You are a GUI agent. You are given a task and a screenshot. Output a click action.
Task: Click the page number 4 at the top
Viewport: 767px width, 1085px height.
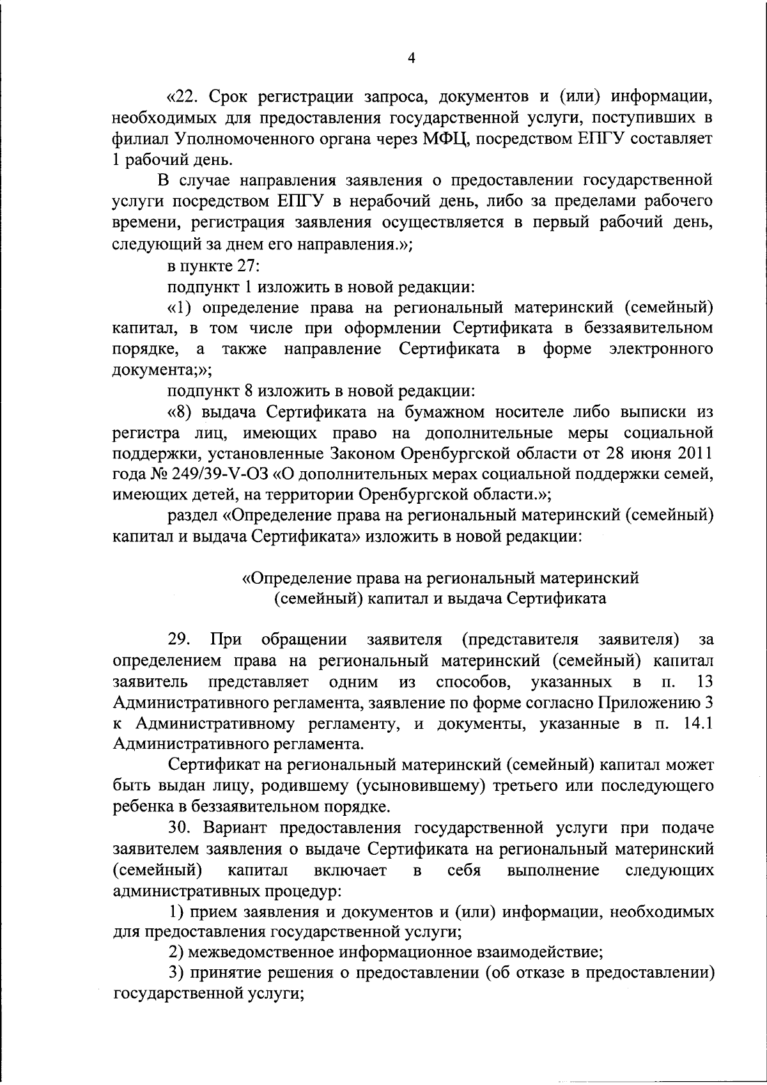tap(412, 58)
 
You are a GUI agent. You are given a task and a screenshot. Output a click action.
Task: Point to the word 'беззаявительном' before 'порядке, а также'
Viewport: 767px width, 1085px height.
tap(648, 328)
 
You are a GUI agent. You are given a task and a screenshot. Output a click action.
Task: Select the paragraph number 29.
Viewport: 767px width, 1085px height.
tap(180, 639)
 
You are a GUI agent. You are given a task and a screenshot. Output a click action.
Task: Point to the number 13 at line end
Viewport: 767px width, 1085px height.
tap(705, 681)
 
